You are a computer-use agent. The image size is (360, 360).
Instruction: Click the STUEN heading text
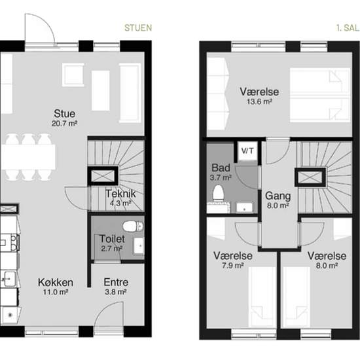point(138,28)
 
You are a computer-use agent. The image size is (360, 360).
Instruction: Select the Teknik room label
point(120,193)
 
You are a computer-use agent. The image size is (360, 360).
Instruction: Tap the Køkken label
point(55,282)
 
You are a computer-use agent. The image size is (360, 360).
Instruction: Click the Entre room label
point(116,282)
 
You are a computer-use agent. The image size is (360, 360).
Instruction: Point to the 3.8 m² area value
point(116,292)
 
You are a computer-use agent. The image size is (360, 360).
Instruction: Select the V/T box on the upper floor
point(247,151)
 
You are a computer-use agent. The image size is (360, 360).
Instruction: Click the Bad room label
point(220,167)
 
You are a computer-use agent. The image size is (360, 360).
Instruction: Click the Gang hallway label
point(278,195)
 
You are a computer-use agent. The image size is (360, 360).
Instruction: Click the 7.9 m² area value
point(228,266)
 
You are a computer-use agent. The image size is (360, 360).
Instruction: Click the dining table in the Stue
point(27,157)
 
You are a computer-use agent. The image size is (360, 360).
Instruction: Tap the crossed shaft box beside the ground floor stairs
point(103,175)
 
